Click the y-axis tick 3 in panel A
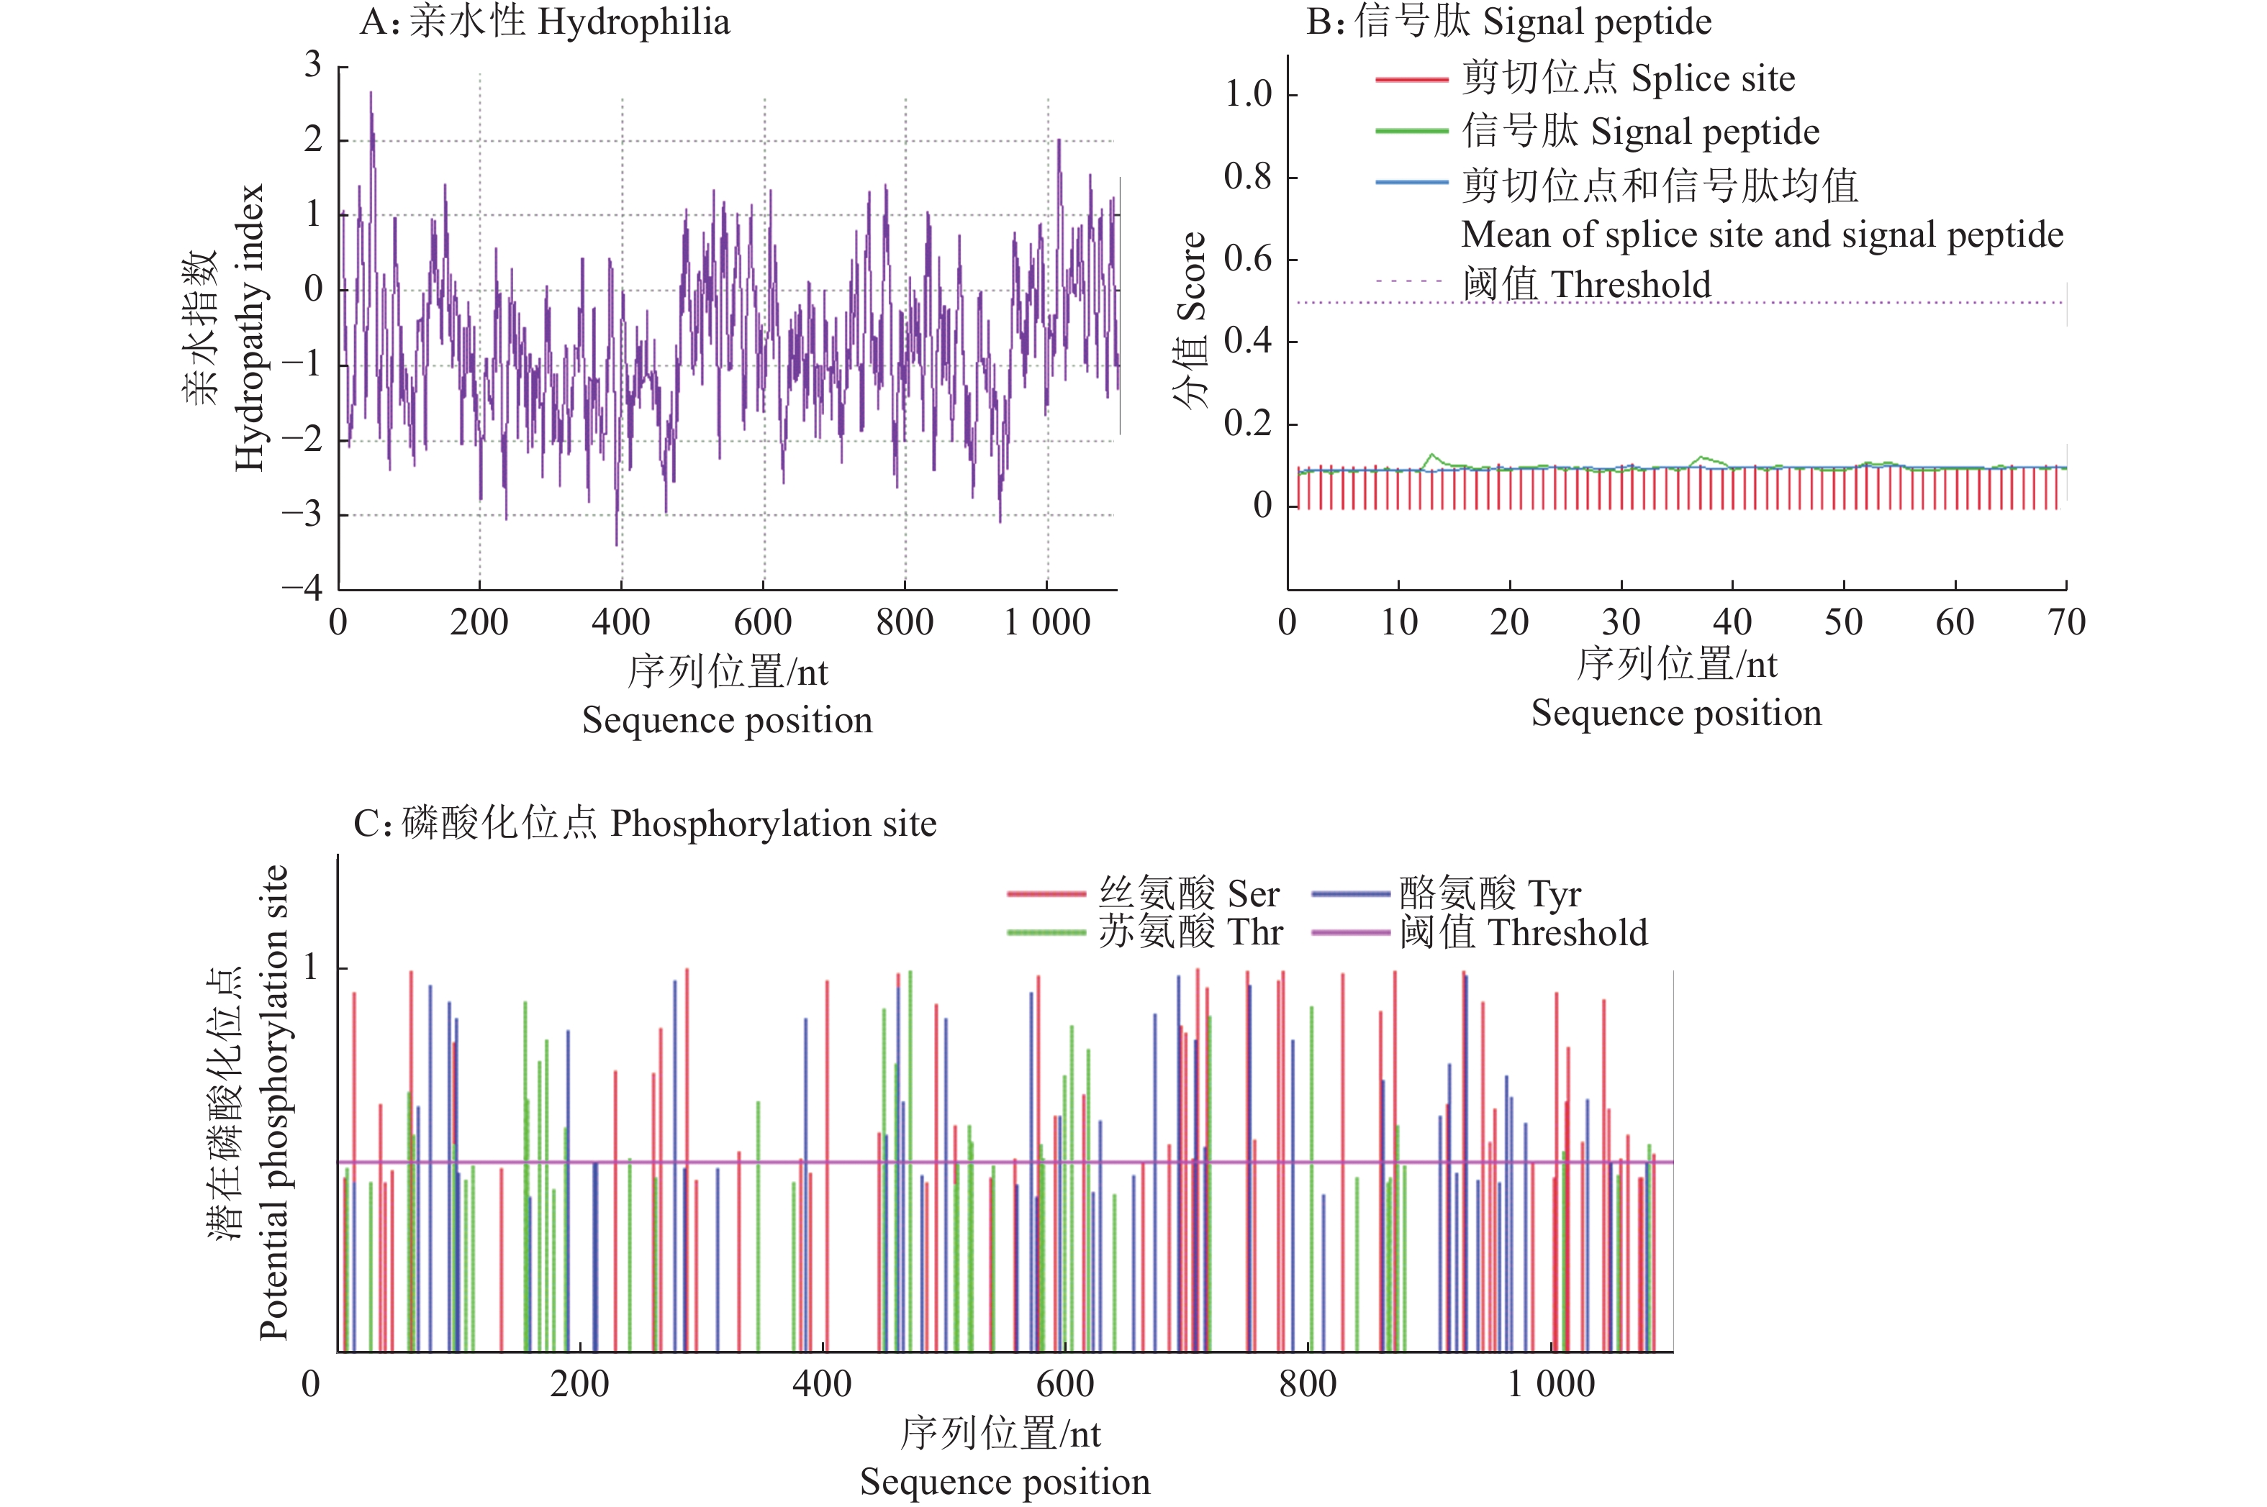[313, 65]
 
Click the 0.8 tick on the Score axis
[1248, 177]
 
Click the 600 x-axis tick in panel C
[1065, 1384]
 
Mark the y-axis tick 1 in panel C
[310, 967]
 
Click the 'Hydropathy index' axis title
[249, 327]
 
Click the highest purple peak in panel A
[371, 94]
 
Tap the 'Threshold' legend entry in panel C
[1523, 932]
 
